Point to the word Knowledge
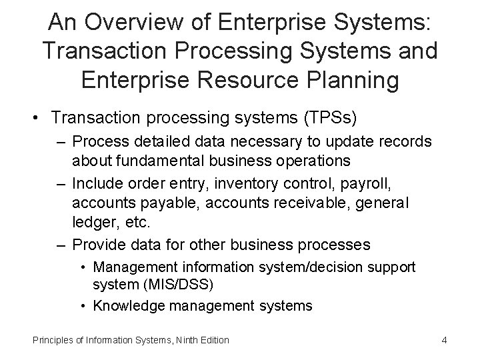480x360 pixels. pos(125,306)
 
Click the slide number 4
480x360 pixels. pos(444,340)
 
